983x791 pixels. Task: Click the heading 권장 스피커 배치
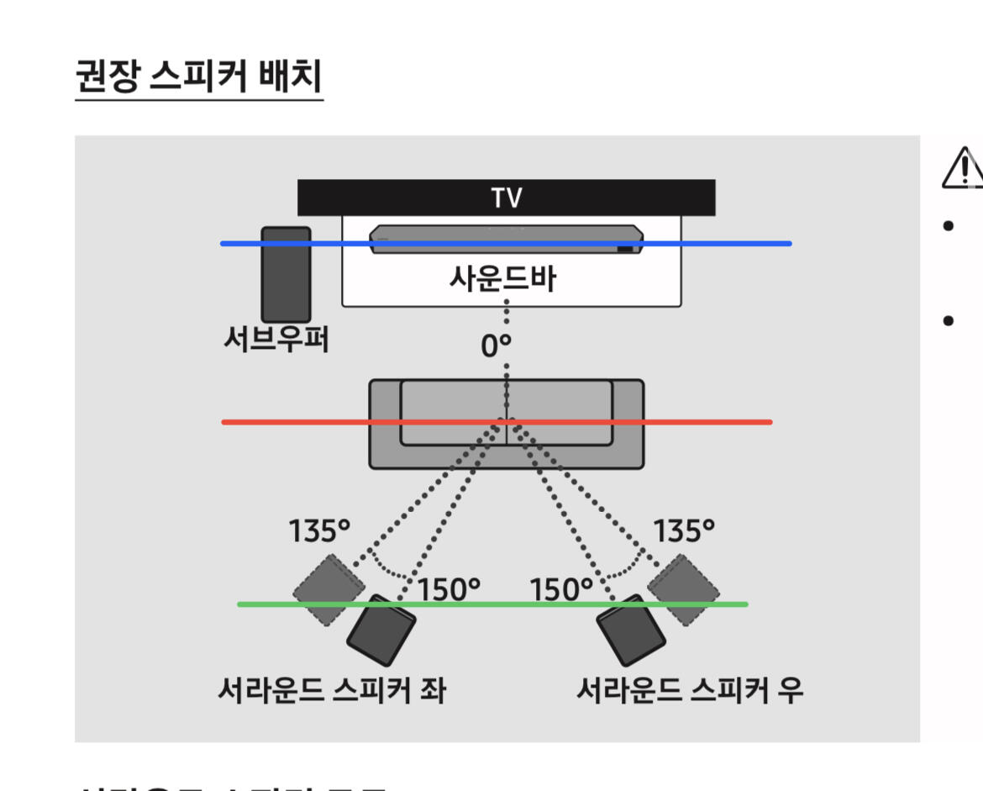tap(199, 77)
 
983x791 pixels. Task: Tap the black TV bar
tap(506, 198)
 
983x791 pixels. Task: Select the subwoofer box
tap(286, 274)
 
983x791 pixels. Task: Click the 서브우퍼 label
tap(276, 340)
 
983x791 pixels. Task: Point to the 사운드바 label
tap(505, 278)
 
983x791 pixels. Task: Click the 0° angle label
tap(496, 345)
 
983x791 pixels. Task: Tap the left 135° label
tap(319, 531)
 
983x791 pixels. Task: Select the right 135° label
tap(684, 531)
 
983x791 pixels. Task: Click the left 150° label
tap(449, 589)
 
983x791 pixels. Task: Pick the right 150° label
tap(561, 589)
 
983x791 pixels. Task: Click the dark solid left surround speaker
tap(381, 630)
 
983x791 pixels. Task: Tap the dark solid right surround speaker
tap(630, 630)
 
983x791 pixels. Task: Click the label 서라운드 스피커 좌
tap(331, 690)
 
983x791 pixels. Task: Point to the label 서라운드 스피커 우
tap(689, 690)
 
